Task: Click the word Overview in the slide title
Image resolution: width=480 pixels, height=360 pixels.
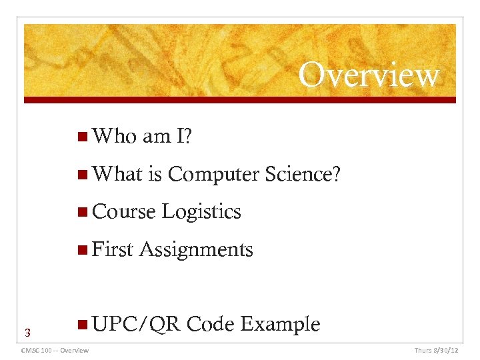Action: pyautogui.click(x=369, y=75)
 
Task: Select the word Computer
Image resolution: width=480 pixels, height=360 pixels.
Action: pyautogui.click(x=213, y=174)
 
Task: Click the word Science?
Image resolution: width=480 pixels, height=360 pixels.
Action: pyautogui.click(x=303, y=174)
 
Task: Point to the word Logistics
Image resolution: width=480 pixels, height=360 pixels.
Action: pyautogui.click(x=201, y=212)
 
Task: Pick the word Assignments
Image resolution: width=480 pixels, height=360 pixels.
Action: pyautogui.click(x=196, y=249)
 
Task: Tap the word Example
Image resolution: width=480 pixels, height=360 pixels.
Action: pyautogui.click(x=280, y=325)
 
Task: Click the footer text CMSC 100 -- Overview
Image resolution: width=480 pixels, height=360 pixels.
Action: pyautogui.click(x=55, y=350)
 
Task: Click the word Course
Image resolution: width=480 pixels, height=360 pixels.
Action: pyautogui.click(x=124, y=212)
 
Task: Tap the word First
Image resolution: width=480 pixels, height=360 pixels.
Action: pyautogui.click(x=113, y=249)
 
